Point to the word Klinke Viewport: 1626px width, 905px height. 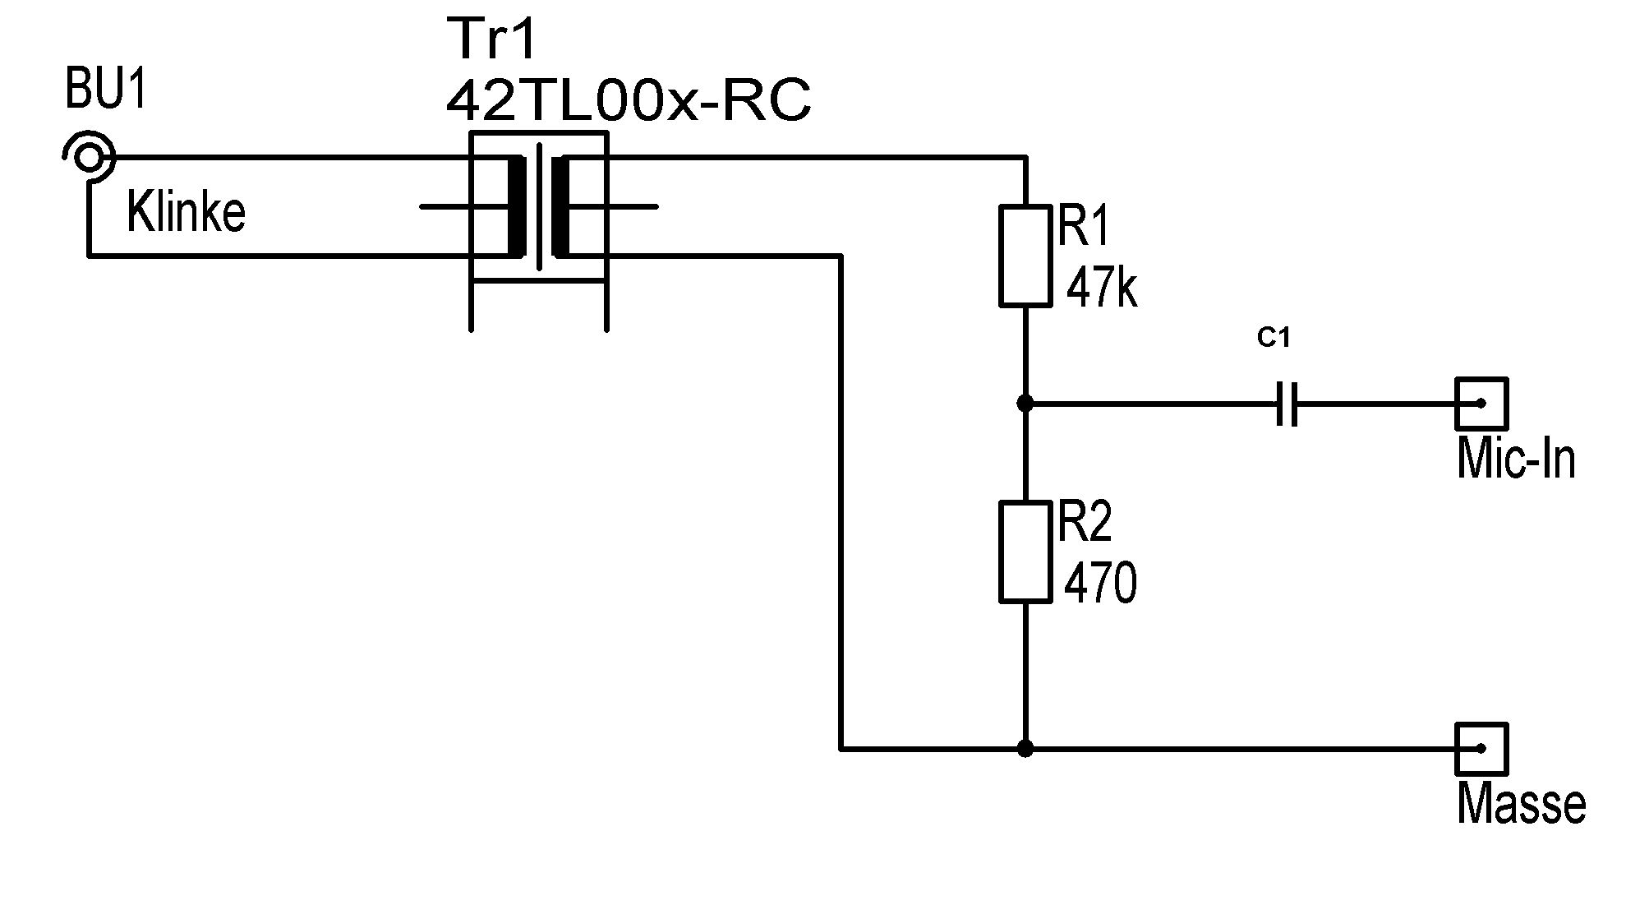[x=187, y=211]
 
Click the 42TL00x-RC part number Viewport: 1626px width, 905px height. [x=629, y=101]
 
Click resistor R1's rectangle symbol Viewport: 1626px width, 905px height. [x=1025, y=256]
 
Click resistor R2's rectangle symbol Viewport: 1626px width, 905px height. [x=1025, y=552]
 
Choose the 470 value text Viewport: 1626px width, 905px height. [x=1101, y=583]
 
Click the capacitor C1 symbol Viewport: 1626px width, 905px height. [x=1287, y=404]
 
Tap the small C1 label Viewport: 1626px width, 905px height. [x=1274, y=338]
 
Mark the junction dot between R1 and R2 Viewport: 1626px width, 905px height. [x=1025, y=404]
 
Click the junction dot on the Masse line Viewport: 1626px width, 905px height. [x=1025, y=749]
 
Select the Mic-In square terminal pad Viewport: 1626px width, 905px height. [x=1481, y=404]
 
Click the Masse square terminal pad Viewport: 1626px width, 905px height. [x=1481, y=749]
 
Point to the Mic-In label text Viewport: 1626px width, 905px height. [x=1516, y=458]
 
